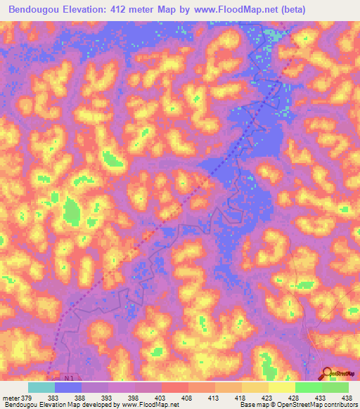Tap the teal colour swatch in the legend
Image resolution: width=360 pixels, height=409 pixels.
[x=41, y=387]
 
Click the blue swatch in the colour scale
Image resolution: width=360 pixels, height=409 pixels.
[x=68, y=387]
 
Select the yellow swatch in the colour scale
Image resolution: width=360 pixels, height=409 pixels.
[x=281, y=387]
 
